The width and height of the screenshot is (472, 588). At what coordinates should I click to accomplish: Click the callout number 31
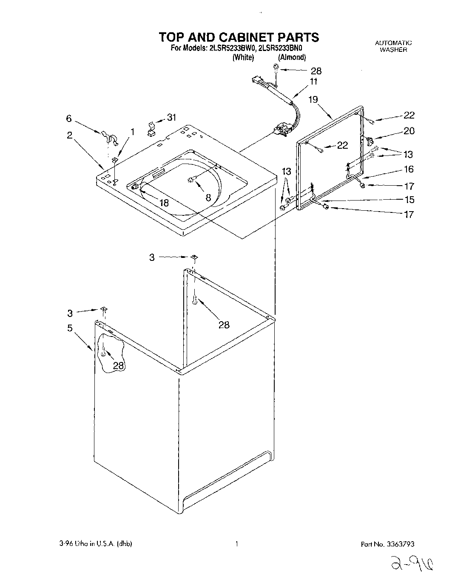[171, 118]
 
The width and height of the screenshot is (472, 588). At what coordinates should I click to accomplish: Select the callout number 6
[69, 119]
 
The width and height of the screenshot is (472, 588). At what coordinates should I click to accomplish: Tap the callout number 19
[313, 100]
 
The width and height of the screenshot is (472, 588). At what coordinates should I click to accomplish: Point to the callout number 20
[409, 131]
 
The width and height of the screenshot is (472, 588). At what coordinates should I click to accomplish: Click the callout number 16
[409, 170]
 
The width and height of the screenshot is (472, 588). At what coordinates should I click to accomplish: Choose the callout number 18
[164, 203]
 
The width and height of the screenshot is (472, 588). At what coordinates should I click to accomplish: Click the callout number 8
[208, 197]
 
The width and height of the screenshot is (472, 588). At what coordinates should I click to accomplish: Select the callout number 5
[69, 328]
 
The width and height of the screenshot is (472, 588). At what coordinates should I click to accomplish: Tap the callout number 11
[314, 82]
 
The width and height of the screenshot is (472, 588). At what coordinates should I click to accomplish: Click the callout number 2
[69, 135]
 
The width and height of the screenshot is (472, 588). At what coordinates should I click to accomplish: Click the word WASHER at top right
[393, 49]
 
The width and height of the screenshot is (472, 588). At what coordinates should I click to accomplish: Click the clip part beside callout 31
[151, 129]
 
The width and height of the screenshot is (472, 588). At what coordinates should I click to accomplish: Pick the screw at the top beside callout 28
[276, 67]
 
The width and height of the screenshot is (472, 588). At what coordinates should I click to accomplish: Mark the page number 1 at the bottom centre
[236, 544]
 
